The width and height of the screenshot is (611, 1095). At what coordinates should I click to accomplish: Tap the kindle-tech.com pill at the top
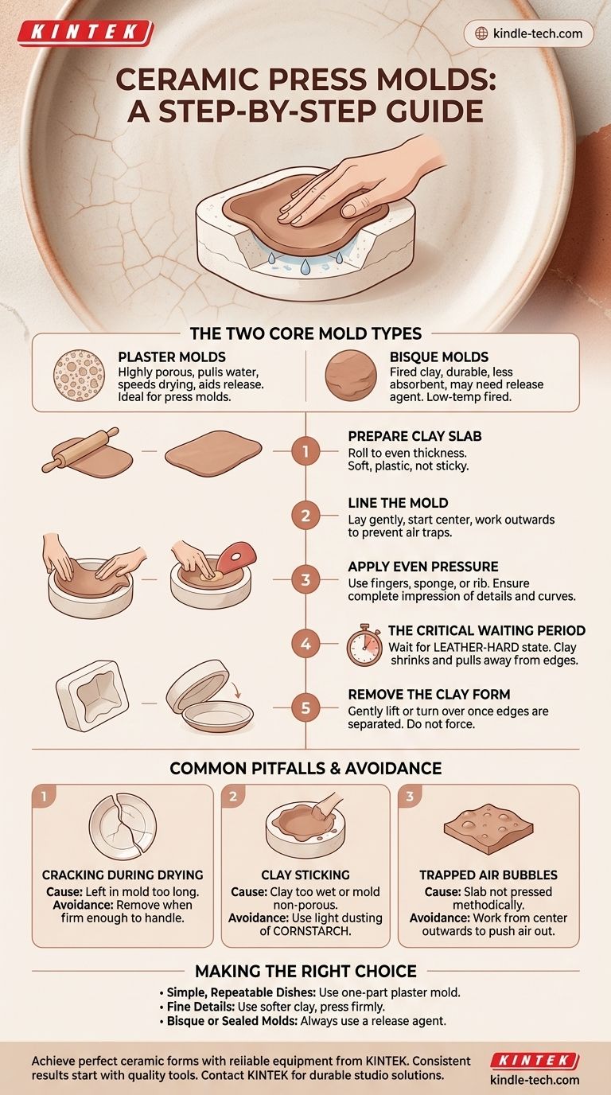point(528,33)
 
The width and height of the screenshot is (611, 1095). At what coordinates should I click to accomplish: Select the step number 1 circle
point(305,453)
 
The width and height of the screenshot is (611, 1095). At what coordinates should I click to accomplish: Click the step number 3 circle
point(305,580)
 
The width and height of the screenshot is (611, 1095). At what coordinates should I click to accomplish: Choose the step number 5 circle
point(305,707)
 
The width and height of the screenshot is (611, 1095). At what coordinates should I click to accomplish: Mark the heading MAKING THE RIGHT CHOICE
point(305,971)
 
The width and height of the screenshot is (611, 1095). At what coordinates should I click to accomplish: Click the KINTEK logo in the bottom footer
point(534,1060)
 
